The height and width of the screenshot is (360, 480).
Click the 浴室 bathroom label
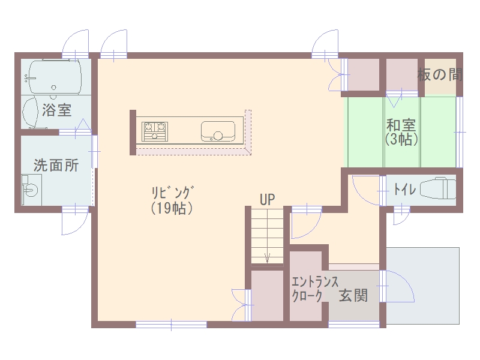(56, 110)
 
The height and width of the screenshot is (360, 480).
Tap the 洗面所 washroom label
(56, 166)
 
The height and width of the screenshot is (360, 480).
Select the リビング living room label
(173, 193)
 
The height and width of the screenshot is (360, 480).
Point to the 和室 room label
(401, 125)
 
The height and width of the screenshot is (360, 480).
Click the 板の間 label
(440, 74)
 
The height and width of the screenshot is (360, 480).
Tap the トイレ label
(404, 189)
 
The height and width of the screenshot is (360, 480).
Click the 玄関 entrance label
(353, 296)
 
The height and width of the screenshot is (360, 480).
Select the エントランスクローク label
(314, 289)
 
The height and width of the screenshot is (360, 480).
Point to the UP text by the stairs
(267, 200)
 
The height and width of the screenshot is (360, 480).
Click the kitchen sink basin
(218, 131)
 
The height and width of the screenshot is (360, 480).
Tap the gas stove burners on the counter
(155, 131)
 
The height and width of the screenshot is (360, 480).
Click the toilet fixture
(438, 188)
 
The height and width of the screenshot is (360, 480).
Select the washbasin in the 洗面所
(31, 190)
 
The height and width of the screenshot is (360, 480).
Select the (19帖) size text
(172, 208)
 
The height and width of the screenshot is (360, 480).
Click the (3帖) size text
(401, 140)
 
